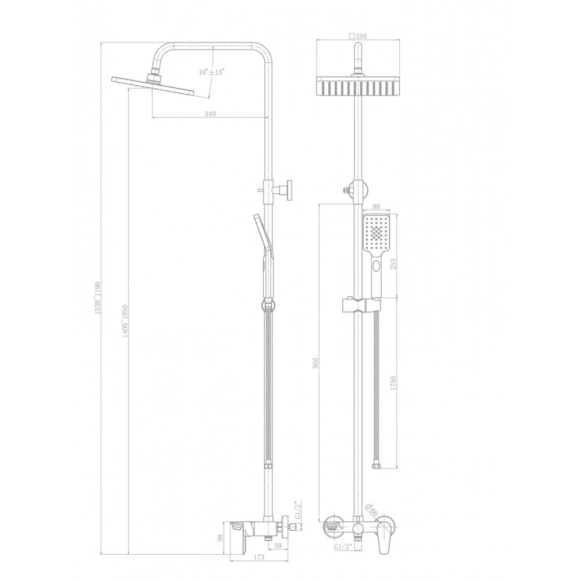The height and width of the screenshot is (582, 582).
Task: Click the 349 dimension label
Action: pos(210,114)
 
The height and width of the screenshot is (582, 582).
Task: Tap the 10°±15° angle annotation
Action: pos(212,72)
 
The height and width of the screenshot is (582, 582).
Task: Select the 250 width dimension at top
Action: pos(358,36)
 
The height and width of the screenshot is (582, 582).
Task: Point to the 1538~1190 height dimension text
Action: pos(98,298)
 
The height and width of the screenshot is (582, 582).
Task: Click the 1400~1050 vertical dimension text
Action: pos(125,321)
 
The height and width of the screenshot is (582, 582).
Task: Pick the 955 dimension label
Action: pos(316,363)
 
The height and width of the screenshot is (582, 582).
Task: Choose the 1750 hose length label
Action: pos(393,383)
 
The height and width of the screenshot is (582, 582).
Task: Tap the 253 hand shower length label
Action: pos(393,264)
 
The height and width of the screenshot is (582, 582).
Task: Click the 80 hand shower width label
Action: pos(375,207)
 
